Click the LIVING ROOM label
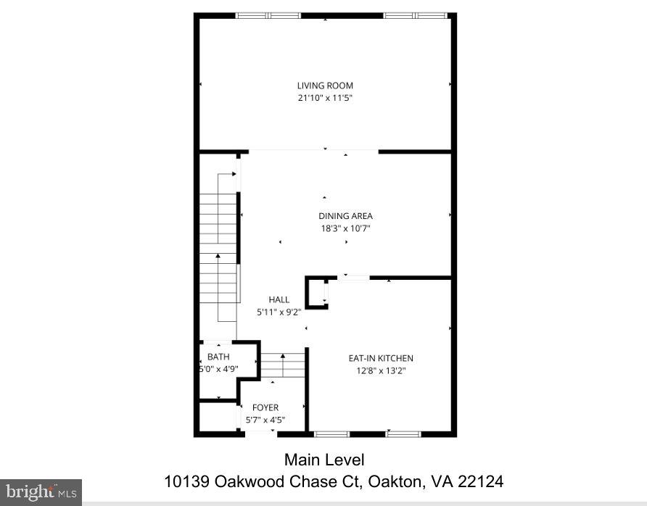coord(325,86)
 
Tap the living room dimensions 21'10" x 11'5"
coord(325,98)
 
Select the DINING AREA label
coord(345,216)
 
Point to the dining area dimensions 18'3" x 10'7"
coord(345,228)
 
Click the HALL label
coord(279,300)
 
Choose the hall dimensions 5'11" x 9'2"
coord(279,312)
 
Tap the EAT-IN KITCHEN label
coord(381,358)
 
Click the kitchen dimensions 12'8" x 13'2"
coord(381,370)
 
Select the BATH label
coord(218,357)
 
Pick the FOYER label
coord(265,407)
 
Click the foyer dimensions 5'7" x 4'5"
coord(265,420)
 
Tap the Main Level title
coord(324,460)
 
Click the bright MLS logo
coord(41,492)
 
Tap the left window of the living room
coord(268,16)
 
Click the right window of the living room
coord(416,16)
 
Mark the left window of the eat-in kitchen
coord(331,434)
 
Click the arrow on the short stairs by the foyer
coord(283,365)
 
